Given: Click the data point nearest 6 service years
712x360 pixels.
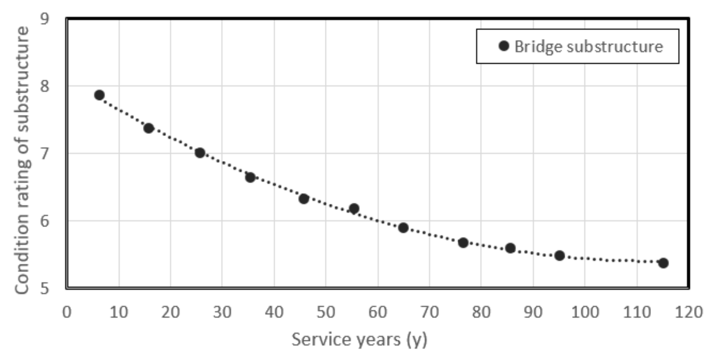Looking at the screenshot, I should (x=99, y=95).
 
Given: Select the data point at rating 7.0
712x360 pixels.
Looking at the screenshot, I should (x=200, y=153).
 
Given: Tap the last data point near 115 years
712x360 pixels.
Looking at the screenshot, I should (x=663, y=263).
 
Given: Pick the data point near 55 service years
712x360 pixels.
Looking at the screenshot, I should (x=354, y=208).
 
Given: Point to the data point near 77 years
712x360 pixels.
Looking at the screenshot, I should (x=463, y=243).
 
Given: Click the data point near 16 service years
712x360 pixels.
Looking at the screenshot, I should (x=148, y=128).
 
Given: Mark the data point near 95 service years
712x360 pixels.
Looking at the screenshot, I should (x=559, y=255).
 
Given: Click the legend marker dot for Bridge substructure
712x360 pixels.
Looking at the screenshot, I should (x=504, y=46).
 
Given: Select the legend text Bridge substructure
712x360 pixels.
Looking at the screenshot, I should (x=589, y=46).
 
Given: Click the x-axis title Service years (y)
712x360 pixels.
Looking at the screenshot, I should (x=359, y=340).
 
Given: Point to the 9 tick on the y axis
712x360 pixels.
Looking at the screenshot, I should (x=45, y=19).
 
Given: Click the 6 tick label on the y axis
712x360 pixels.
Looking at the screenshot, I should (x=45, y=221).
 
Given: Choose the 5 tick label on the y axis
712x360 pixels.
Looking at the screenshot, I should (x=45, y=288).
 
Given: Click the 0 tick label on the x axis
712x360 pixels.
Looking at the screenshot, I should (x=67, y=312).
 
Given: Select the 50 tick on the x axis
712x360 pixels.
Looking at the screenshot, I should (x=326, y=312).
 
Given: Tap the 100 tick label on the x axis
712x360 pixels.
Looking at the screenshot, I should (x=585, y=312).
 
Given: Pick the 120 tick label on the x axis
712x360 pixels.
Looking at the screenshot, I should (x=688, y=312).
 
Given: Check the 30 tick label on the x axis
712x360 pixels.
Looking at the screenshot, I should (x=222, y=312).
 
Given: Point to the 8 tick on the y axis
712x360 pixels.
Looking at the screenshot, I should (x=45, y=86).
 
